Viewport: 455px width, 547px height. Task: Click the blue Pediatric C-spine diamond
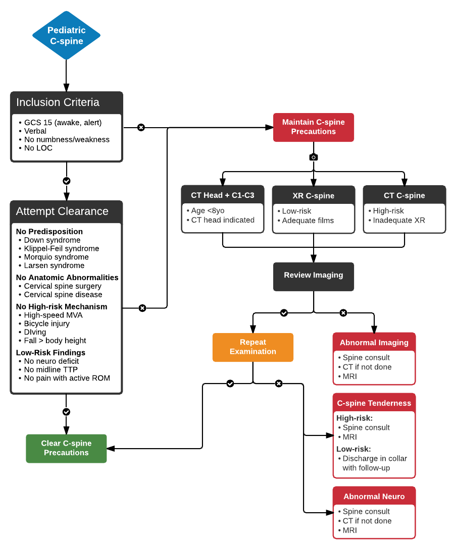pos(66,36)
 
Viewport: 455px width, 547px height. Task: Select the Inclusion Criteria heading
pos(58,102)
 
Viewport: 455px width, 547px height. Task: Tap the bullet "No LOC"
pos(38,148)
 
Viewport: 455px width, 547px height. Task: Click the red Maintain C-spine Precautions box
pos(313,127)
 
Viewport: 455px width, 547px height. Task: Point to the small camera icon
pos(313,157)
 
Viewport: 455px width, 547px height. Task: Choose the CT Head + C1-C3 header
pos(223,195)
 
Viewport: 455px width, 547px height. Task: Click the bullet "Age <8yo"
pos(208,211)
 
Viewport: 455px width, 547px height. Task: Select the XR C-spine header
pos(313,196)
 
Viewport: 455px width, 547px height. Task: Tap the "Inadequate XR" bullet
pos(399,220)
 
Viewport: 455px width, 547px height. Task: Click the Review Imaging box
pos(313,276)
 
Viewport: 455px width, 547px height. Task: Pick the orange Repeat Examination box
pos(252,347)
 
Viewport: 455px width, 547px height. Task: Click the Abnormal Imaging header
pos(374,343)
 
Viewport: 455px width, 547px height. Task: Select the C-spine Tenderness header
pos(374,403)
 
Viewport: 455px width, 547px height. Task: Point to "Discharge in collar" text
pos(374,459)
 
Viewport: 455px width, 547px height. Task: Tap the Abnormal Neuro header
pos(374,497)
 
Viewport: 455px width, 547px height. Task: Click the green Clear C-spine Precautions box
pos(66,448)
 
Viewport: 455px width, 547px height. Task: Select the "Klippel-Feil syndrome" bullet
pos(62,248)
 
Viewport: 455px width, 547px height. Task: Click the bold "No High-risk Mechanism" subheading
pos(62,306)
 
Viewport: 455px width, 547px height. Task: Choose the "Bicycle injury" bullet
pos(47,323)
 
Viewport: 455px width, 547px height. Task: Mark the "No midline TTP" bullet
pos(50,370)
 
